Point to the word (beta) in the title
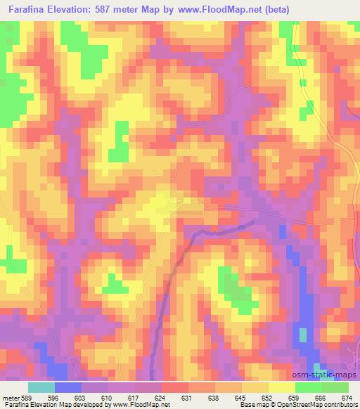pyautogui.click(x=274, y=8)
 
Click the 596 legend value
pyautogui.click(x=69, y=397)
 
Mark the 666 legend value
pyautogui.click(x=321, y=397)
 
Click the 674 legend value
pyautogui.click(x=347, y=397)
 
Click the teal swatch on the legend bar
pyautogui.click(x=41, y=387)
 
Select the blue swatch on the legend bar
pyautogui.click(x=68, y=387)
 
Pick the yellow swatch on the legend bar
pyautogui.click(x=281, y=387)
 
